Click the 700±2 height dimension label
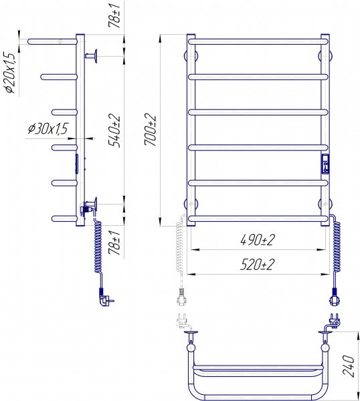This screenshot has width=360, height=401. (150, 130)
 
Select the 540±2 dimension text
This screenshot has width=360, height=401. (114, 130)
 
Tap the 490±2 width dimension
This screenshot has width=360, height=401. (258, 240)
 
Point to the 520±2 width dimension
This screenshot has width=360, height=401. (257, 264)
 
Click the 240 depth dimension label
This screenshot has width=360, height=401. (349, 365)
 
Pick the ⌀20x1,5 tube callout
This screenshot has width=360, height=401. (10, 73)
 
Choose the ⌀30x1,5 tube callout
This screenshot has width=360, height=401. (48, 128)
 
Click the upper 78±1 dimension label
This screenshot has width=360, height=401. (114, 16)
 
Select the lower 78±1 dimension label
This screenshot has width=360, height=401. (114, 243)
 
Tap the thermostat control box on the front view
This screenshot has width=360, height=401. (325, 164)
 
